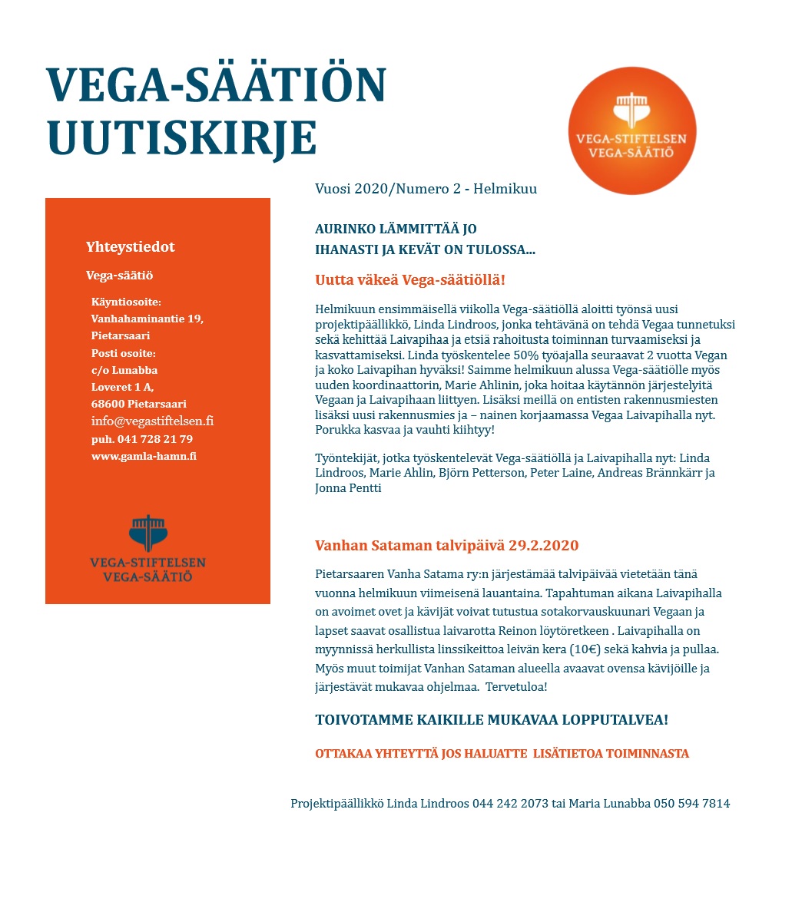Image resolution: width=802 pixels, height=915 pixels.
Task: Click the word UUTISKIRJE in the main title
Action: tap(182, 138)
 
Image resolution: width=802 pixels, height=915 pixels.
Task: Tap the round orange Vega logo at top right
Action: tap(632, 130)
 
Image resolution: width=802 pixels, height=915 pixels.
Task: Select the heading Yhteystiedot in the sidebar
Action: tap(131, 247)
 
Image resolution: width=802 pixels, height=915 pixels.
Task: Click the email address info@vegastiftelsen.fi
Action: tap(152, 421)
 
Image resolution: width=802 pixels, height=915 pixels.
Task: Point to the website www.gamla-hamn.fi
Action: tap(144, 456)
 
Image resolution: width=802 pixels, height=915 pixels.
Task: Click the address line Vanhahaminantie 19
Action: tap(147, 319)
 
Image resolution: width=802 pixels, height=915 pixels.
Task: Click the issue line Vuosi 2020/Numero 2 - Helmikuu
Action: tap(426, 189)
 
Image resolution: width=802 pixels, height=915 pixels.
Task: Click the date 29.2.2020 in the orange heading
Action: tap(544, 546)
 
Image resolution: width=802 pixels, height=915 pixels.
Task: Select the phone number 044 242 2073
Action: tap(510, 804)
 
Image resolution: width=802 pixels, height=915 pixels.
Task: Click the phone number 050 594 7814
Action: tap(691, 804)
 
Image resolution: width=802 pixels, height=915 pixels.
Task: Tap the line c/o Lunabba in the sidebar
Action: tap(124, 370)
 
